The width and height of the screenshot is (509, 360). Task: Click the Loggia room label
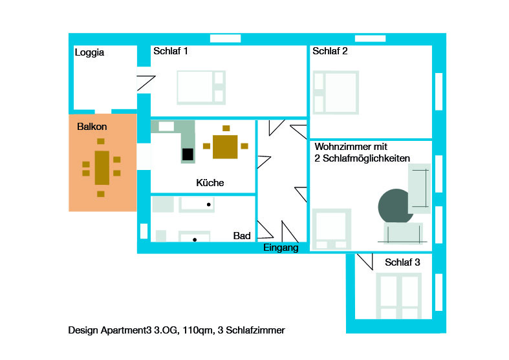click(x=89, y=53)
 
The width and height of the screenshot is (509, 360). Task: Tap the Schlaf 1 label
click(x=171, y=51)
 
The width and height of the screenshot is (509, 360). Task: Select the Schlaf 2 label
click(x=330, y=51)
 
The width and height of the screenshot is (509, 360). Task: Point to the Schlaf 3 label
click(x=402, y=262)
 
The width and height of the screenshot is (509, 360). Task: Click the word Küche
click(x=210, y=183)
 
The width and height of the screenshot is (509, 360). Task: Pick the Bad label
click(x=242, y=237)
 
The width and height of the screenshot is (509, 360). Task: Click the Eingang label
click(x=281, y=248)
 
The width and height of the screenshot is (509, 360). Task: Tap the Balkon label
click(x=92, y=127)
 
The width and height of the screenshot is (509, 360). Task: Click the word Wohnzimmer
click(x=343, y=148)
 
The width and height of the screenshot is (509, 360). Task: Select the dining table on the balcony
click(x=102, y=167)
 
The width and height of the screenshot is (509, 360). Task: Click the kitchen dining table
click(x=226, y=146)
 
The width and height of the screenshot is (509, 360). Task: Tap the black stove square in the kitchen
click(x=188, y=154)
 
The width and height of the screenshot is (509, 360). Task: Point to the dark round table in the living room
click(x=395, y=206)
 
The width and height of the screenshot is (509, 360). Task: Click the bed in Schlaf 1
click(x=201, y=87)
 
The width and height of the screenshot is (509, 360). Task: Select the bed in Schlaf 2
click(x=336, y=93)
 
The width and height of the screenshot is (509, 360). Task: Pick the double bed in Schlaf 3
click(x=399, y=295)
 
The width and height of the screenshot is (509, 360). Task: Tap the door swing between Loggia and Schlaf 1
click(x=146, y=83)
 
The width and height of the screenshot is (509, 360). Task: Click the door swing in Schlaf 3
click(x=365, y=261)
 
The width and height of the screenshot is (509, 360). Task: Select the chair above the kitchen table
click(x=226, y=128)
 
